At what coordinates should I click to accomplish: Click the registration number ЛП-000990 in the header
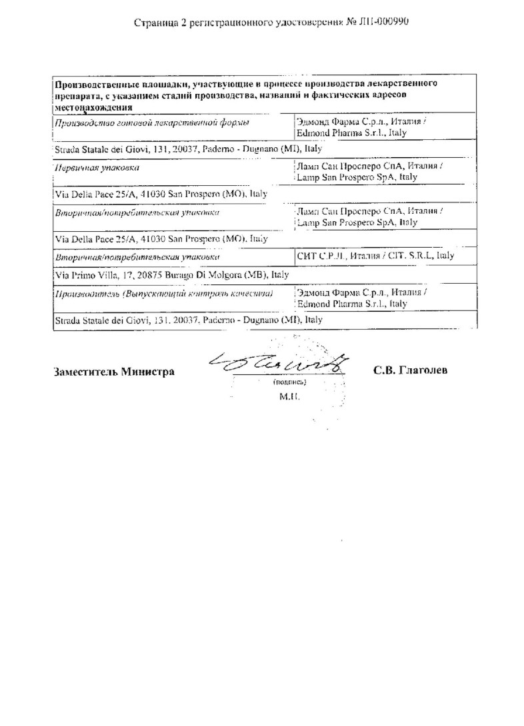coord(385,21)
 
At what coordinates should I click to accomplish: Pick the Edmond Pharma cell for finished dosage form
coord(360,128)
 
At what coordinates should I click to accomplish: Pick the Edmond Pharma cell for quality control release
coord(360,298)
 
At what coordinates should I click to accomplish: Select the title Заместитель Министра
coord(114,372)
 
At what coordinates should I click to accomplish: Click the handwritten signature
coord(279,365)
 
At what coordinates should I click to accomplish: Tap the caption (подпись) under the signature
coord(289,384)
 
